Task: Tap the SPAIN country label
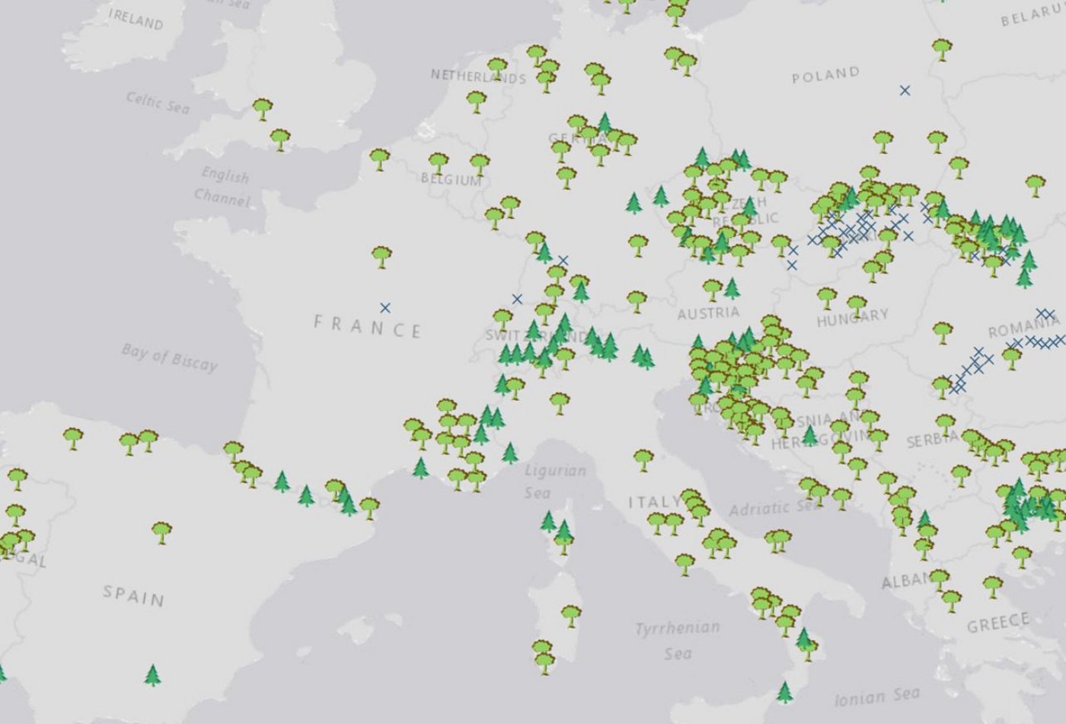click(x=134, y=595)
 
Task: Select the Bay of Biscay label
click(x=169, y=357)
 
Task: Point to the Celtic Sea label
click(x=158, y=102)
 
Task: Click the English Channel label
click(x=222, y=187)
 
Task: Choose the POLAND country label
click(x=825, y=75)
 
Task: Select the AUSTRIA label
click(x=708, y=312)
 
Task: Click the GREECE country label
click(x=998, y=623)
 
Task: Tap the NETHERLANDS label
click(x=478, y=76)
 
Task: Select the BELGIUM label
click(x=452, y=180)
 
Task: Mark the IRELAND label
click(x=136, y=19)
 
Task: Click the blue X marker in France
click(x=385, y=308)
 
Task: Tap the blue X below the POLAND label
click(x=905, y=91)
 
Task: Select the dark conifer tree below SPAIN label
click(x=153, y=674)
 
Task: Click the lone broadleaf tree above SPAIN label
click(x=161, y=531)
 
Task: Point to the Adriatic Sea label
click(x=774, y=507)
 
